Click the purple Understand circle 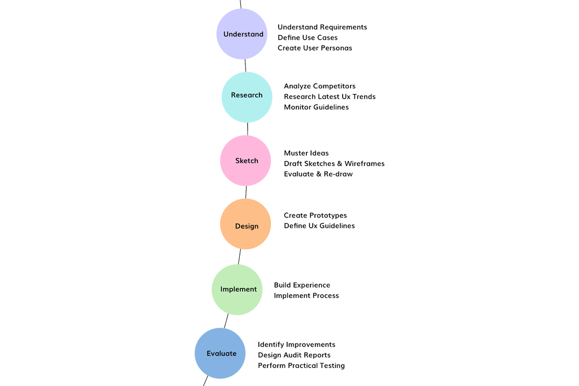pyautogui.click(x=243, y=34)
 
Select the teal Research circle pyautogui.click(x=247, y=96)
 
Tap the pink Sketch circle pyautogui.click(x=246, y=161)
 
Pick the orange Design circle pyautogui.click(x=246, y=226)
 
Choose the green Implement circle pyautogui.click(x=238, y=289)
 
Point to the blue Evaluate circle pyautogui.click(x=221, y=354)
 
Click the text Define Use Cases pyautogui.click(x=308, y=38)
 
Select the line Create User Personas pyautogui.click(x=314, y=48)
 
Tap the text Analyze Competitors pyautogui.click(x=320, y=86)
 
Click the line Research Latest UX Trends pyautogui.click(x=330, y=97)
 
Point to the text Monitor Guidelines pyautogui.click(x=316, y=107)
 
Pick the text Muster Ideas pyautogui.click(x=306, y=154)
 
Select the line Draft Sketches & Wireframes pyautogui.click(x=334, y=164)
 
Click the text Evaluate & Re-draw pyautogui.click(x=318, y=174)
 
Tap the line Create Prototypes pyautogui.click(x=316, y=215)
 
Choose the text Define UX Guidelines pyautogui.click(x=319, y=225)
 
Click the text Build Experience pyautogui.click(x=302, y=285)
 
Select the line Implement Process pyautogui.click(x=306, y=296)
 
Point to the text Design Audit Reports pyautogui.click(x=294, y=355)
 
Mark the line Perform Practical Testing pyautogui.click(x=301, y=366)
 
